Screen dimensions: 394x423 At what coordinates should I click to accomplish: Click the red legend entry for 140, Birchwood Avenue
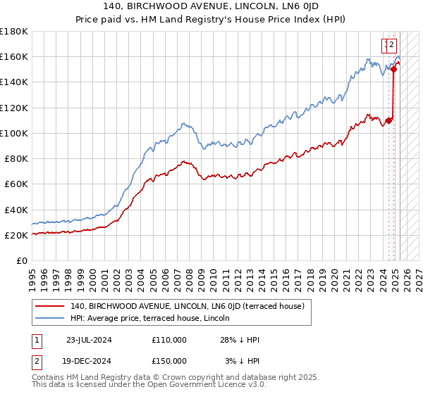click(x=187, y=306)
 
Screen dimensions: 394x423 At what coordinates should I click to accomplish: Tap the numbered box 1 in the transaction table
click(x=37, y=340)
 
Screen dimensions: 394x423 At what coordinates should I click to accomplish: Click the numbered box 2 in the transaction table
click(x=37, y=361)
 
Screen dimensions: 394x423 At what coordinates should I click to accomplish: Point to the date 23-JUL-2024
click(x=89, y=340)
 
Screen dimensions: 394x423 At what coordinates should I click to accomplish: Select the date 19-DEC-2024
click(x=89, y=361)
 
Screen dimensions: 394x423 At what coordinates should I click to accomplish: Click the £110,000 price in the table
click(x=169, y=340)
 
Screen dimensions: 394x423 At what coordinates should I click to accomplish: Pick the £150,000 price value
click(x=169, y=361)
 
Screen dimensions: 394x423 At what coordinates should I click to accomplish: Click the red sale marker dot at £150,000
click(x=393, y=69)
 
